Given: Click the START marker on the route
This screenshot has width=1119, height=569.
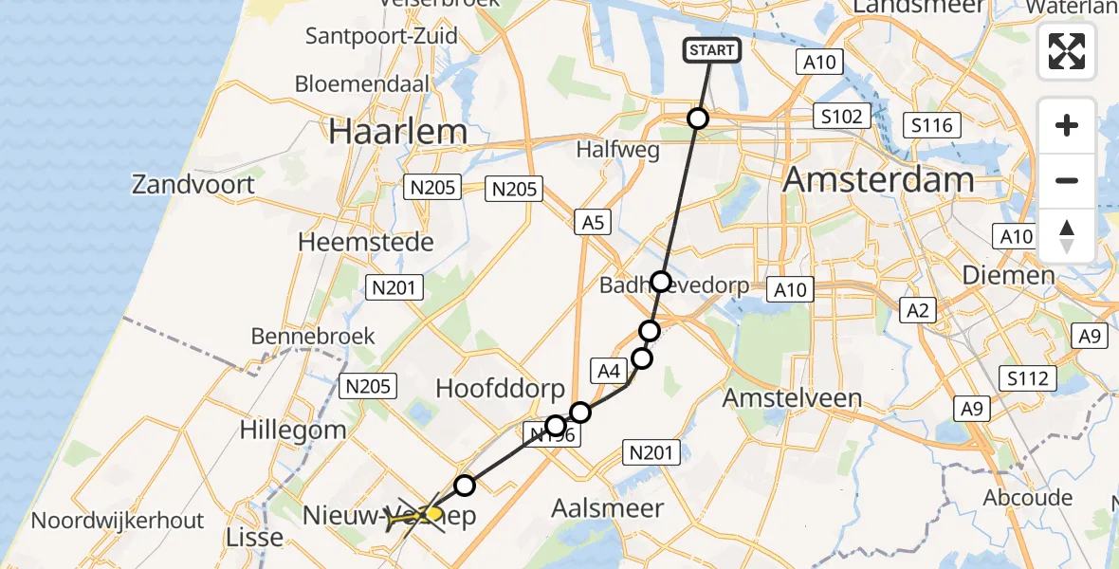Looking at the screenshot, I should click(x=711, y=49).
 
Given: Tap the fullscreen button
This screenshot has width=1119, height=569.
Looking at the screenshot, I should click(x=1067, y=50).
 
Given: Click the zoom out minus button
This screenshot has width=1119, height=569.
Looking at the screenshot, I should click(x=1067, y=180).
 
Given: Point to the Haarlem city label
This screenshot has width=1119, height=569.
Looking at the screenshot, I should click(x=398, y=132).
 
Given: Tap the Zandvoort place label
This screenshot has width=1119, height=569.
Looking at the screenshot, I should click(x=193, y=184).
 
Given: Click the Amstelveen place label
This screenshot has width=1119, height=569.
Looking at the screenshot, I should click(x=792, y=398).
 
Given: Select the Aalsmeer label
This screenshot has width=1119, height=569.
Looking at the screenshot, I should click(x=608, y=508).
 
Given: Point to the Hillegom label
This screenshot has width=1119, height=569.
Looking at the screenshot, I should click(x=292, y=430).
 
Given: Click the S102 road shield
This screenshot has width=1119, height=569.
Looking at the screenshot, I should click(x=841, y=117).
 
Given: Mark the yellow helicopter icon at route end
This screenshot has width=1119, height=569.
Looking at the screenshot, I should click(x=432, y=515).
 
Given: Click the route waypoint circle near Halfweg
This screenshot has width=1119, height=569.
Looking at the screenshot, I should click(x=698, y=119).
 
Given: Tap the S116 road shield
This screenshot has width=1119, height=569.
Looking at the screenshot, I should click(x=931, y=125).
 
